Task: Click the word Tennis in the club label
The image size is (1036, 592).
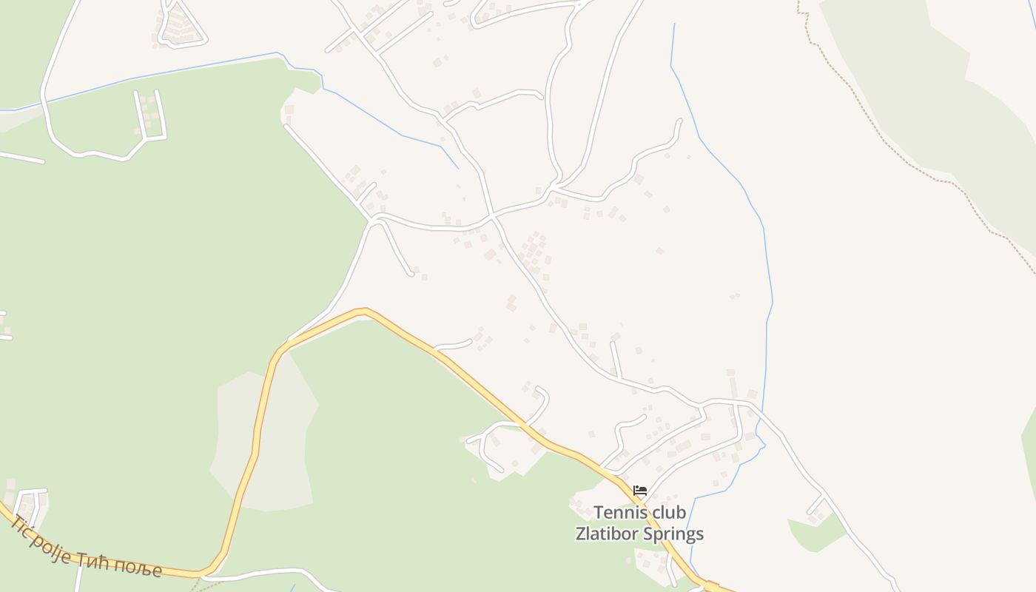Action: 620,512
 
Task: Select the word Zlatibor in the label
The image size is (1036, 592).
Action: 606,534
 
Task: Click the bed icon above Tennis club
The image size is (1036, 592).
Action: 640,490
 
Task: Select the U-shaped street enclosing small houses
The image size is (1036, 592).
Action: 149,118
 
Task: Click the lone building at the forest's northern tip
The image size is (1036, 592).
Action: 289,110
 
